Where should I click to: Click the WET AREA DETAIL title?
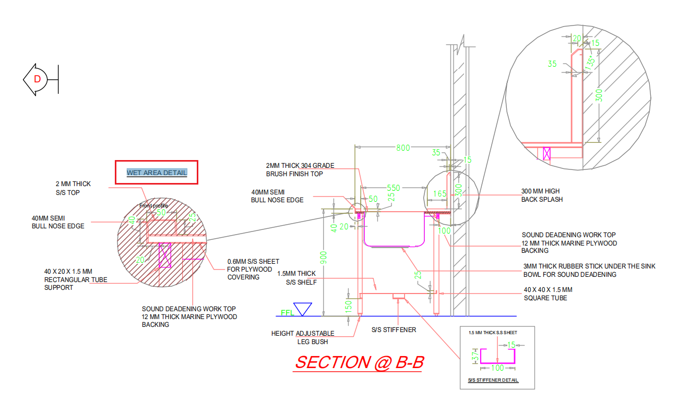[157, 173]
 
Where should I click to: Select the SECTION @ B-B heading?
[359, 362]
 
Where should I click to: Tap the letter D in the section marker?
[37, 79]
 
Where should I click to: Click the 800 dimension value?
[403, 148]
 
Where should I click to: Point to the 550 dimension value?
[394, 188]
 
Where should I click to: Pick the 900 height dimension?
[324, 258]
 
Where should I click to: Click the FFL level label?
[287, 313]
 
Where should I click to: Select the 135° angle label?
[590, 63]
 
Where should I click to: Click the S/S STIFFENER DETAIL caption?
[493, 380]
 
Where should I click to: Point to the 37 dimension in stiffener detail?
[475, 357]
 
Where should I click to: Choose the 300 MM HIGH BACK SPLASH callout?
[542, 196]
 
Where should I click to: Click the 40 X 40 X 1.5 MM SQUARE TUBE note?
[548, 294]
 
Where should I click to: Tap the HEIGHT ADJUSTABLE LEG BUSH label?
[303, 338]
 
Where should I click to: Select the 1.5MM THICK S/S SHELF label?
[297, 278]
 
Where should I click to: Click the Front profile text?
[153, 205]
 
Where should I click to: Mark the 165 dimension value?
[440, 194]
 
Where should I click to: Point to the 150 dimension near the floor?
[348, 307]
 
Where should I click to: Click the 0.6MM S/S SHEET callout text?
[253, 270]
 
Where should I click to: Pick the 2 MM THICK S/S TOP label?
[73, 188]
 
